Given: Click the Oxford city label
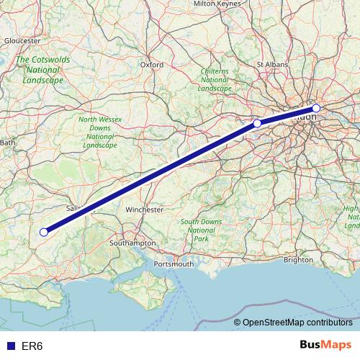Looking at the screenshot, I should click(152, 64).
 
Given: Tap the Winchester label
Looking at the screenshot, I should click(145, 209).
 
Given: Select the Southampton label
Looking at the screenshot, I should click(132, 243).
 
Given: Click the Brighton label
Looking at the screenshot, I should click(299, 260).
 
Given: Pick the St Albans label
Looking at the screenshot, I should click(272, 64).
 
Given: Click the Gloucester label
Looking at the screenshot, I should click(22, 41).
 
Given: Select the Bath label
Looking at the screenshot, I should click(8, 143).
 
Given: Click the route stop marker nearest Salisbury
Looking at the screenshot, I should click(44, 232).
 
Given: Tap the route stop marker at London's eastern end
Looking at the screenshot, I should click(316, 108).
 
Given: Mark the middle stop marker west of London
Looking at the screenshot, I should click(257, 123).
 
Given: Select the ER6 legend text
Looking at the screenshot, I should click(32, 346).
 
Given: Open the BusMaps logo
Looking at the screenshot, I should click(325, 345).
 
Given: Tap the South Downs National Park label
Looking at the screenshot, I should click(201, 230).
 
